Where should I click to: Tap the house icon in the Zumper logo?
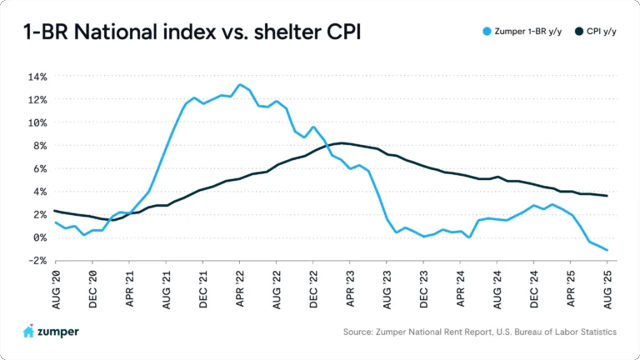(28, 331)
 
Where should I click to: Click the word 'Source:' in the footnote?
(360, 332)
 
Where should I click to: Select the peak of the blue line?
(240, 84)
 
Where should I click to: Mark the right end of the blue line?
(607, 250)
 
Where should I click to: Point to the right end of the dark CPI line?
(607, 196)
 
